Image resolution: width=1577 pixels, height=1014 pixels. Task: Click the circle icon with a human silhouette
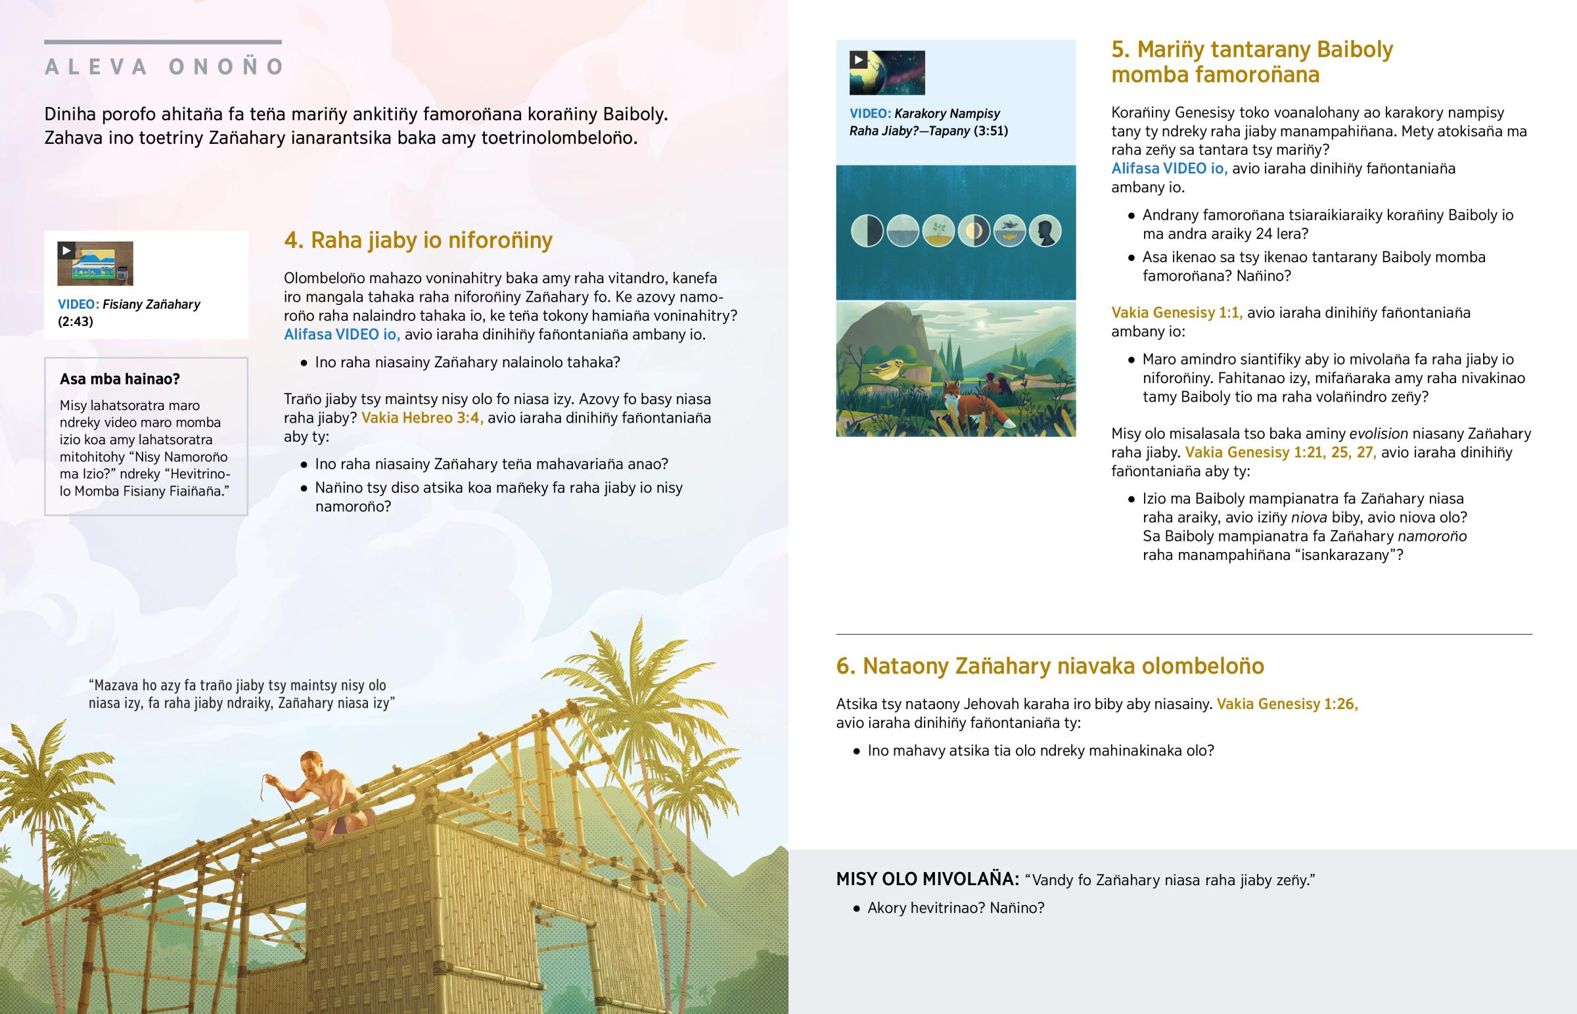(x=1045, y=231)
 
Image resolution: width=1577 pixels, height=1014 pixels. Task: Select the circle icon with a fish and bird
(x=1009, y=231)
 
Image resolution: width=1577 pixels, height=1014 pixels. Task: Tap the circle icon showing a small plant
(x=938, y=231)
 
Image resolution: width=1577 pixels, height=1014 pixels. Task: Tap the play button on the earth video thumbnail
(x=858, y=60)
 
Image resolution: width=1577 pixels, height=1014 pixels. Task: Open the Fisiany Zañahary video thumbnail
(x=95, y=264)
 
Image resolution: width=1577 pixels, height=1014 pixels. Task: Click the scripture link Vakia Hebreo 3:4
(x=422, y=418)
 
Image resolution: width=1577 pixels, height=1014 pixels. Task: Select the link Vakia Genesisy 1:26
(x=1287, y=704)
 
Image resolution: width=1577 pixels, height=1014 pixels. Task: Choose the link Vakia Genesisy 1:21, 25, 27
(x=1280, y=452)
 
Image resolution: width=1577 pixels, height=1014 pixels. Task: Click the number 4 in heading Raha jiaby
(x=292, y=241)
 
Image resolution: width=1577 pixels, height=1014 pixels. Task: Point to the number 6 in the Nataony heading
(x=844, y=666)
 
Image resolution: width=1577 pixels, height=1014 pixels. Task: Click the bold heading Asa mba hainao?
(x=120, y=379)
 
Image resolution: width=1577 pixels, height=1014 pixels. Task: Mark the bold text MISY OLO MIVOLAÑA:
(x=926, y=879)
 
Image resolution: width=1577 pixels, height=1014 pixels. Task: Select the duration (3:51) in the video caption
(x=991, y=131)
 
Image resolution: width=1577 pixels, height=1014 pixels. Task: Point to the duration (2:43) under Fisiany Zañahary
(x=76, y=321)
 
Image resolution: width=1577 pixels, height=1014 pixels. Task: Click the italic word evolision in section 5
(x=1378, y=434)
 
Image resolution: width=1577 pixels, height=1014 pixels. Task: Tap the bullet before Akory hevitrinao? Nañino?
(x=856, y=909)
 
